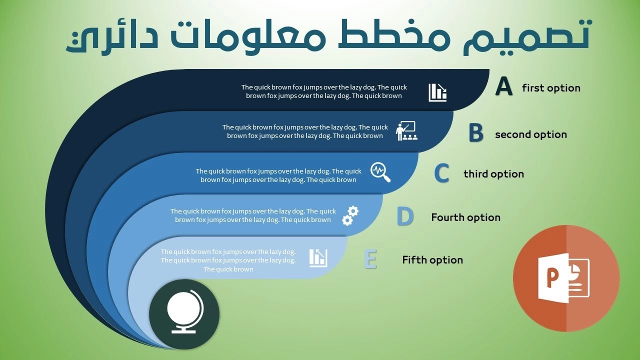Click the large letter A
504,86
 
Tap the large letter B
476,132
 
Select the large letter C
441,173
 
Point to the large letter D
405,216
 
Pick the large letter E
370,259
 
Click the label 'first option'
551,88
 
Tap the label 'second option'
531,134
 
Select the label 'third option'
493,173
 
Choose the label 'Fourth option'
465,217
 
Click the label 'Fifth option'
432,259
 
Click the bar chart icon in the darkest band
437,92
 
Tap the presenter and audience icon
406,131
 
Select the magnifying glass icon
380,172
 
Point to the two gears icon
350,215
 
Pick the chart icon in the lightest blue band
318,258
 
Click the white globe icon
185,311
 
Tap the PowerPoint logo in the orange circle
563,278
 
